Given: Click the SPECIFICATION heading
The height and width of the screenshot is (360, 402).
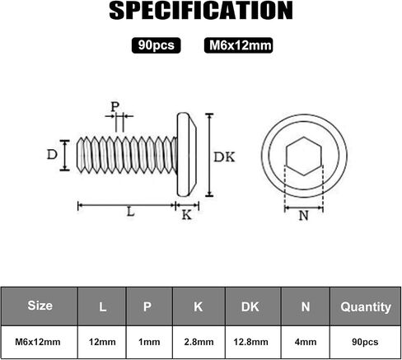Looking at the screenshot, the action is pyautogui.click(x=201, y=11).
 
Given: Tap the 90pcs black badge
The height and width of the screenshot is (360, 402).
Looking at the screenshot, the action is pyautogui.click(x=156, y=45).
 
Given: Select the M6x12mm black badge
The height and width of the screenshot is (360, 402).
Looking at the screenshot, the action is pyautogui.click(x=238, y=45).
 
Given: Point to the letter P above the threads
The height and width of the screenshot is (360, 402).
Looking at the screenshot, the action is pyautogui.click(x=115, y=106).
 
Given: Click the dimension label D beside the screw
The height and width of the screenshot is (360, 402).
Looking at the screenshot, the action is pyautogui.click(x=52, y=155).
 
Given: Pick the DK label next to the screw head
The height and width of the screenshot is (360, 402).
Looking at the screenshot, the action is pyautogui.click(x=224, y=157).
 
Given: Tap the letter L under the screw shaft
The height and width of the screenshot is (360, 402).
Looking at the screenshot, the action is pyautogui.click(x=131, y=212).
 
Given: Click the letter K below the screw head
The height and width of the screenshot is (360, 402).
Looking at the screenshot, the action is pyautogui.click(x=187, y=215).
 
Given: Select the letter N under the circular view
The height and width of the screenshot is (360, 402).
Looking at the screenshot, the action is pyautogui.click(x=303, y=216).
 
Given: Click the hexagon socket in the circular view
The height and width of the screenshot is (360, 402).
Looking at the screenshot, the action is pyautogui.click(x=303, y=156).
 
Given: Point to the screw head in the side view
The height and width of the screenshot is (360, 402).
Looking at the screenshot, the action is pyautogui.click(x=187, y=155).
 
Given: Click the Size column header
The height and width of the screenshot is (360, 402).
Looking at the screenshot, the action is pyautogui.click(x=40, y=306).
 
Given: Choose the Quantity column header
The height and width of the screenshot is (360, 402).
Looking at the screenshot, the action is pyautogui.click(x=366, y=307).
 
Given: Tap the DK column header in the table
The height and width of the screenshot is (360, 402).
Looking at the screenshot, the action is pyautogui.click(x=250, y=306).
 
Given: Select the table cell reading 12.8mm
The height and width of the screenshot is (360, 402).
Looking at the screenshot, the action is pyautogui.click(x=250, y=342).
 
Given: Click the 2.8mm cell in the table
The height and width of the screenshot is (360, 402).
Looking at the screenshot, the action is pyautogui.click(x=199, y=342).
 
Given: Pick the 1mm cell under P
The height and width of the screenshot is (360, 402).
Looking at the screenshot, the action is pyautogui.click(x=149, y=342).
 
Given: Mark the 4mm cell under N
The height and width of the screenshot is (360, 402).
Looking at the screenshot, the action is pyautogui.click(x=306, y=342).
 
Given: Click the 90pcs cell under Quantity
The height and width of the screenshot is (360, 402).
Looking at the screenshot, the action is pyautogui.click(x=365, y=342).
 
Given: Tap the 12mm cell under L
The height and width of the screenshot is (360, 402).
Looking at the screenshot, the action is pyautogui.click(x=102, y=342).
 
